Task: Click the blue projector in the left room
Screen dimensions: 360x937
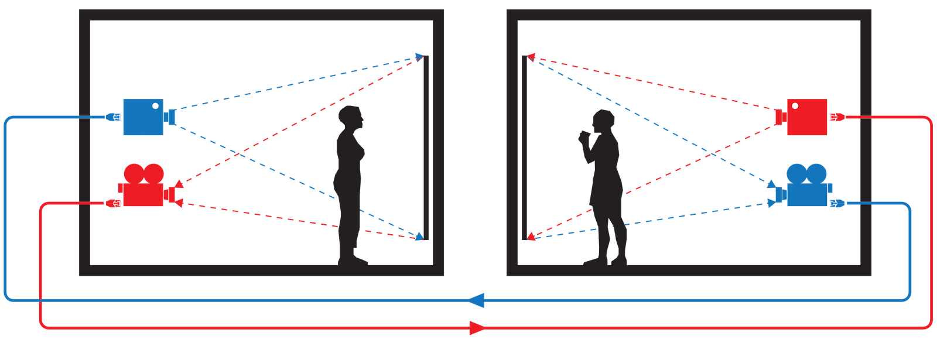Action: pos(143,117)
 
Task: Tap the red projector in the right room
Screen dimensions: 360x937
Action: pos(806,118)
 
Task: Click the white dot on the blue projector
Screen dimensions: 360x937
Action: pos(155,107)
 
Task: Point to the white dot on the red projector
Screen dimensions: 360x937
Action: pos(795,107)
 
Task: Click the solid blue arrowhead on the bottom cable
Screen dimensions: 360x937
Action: pos(477,301)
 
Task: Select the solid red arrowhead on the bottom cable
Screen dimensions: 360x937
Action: pos(477,328)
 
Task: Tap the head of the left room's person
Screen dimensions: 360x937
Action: pos(353,118)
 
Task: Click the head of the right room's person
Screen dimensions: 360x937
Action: pos(603,121)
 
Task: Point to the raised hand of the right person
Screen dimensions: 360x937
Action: pos(583,136)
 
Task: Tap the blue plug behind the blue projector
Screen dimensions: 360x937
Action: pos(112,117)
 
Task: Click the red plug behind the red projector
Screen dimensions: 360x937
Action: pos(837,118)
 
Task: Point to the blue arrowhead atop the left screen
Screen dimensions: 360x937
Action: pos(419,56)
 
